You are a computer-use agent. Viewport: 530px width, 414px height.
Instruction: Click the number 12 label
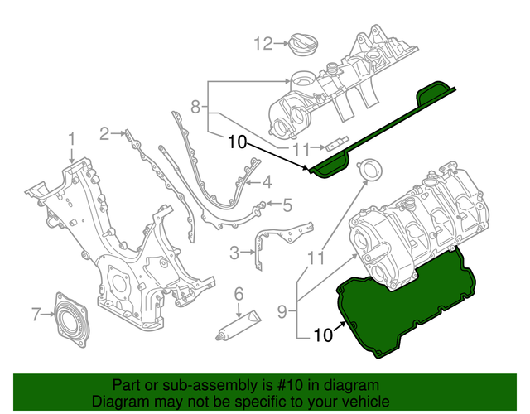pyautogui.click(x=263, y=43)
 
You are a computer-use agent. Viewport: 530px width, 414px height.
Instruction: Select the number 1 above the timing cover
pyautogui.click(x=72, y=138)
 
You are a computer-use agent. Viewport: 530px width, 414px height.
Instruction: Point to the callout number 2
pyautogui.click(x=105, y=132)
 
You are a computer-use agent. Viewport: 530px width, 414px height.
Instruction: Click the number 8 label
pyautogui.click(x=196, y=106)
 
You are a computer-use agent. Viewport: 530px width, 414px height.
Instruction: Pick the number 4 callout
pyautogui.click(x=267, y=183)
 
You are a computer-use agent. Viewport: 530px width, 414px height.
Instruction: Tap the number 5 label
pyautogui.click(x=287, y=204)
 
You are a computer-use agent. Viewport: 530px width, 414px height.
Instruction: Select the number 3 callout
pyautogui.click(x=235, y=252)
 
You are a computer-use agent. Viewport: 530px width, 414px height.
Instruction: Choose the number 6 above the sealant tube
pyautogui.click(x=238, y=293)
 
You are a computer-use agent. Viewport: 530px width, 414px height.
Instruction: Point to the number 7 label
pyautogui.click(x=36, y=314)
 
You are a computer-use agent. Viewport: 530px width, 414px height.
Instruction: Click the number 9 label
pyautogui.click(x=282, y=311)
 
